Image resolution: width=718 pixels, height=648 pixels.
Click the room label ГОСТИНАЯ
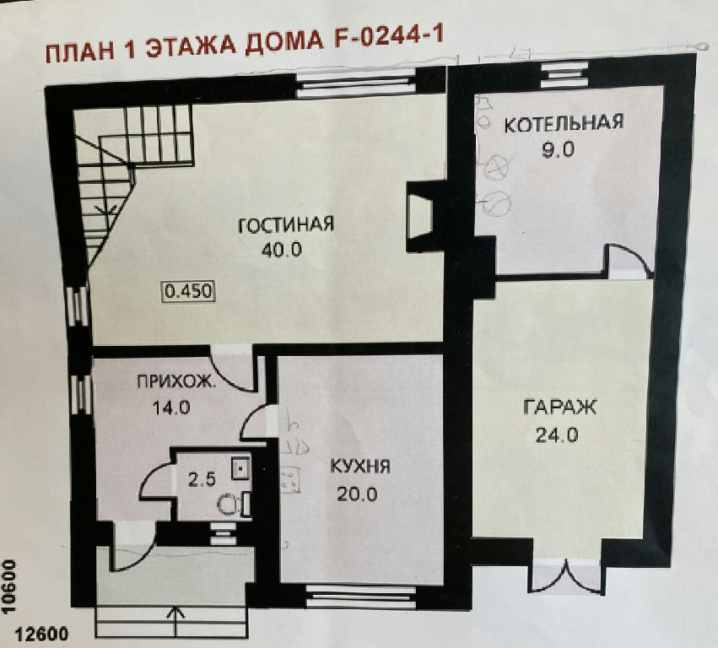[x=286, y=224]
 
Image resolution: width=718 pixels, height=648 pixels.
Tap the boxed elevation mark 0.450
[x=189, y=291]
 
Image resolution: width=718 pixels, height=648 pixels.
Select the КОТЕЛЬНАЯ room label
[x=564, y=124]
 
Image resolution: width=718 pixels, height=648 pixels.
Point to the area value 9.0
[x=558, y=149]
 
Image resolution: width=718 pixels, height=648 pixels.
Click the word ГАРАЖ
[x=559, y=407]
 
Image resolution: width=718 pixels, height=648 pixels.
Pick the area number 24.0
[x=558, y=435]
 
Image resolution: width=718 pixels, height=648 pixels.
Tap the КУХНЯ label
[x=360, y=467]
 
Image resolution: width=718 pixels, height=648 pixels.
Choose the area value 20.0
[x=357, y=494]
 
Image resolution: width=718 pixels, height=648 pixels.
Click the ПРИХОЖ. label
[x=175, y=381]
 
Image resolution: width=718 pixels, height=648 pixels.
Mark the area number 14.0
[x=171, y=408]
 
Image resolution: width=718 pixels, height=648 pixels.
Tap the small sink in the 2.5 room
[x=240, y=467]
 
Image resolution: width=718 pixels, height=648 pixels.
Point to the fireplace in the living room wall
[x=419, y=217]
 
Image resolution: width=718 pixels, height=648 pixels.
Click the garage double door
[x=567, y=577]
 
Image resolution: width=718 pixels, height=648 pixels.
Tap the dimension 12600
[x=41, y=634]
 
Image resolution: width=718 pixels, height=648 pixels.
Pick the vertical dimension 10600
[x=9, y=587]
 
